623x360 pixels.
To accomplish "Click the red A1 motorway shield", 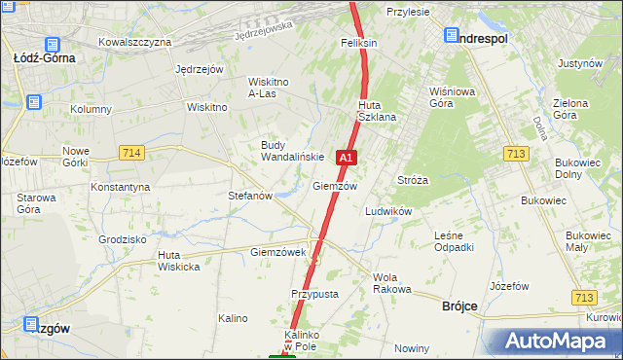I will click(347, 157).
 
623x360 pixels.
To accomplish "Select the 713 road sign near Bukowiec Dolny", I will click(517, 153).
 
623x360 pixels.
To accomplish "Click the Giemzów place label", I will click(335, 185).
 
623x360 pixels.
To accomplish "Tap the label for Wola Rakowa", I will click(392, 283).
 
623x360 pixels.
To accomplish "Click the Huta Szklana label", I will click(376, 111).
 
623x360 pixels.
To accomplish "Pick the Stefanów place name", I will click(249, 196).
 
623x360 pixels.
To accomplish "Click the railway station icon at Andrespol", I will click(453, 36).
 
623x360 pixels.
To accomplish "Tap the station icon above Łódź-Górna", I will click(51, 44).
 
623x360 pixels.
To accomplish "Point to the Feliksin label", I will click(358, 44).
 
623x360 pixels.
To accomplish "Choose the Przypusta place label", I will click(314, 293).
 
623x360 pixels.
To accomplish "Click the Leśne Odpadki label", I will click(455, 240).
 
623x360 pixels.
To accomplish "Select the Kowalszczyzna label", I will click(135, 42).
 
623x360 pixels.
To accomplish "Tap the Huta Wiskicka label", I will click(179, 261).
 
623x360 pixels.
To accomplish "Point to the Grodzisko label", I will click(123, 238).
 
